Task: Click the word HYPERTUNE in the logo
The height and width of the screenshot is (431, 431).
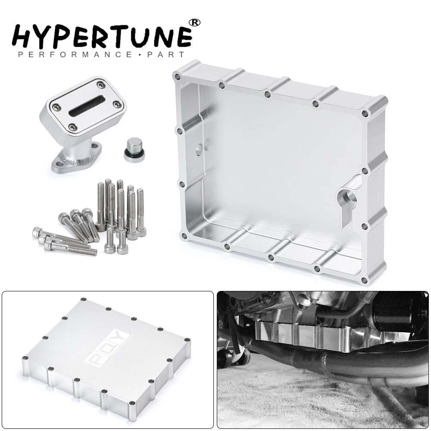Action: point(102,36)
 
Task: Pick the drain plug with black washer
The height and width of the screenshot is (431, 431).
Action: point(134,150)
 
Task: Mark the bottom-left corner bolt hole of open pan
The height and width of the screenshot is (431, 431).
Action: point(185,236)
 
